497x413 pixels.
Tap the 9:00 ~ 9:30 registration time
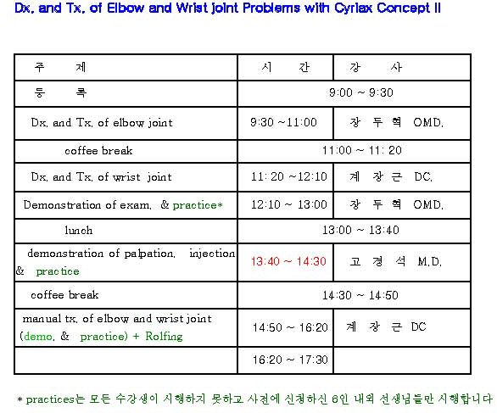(x=361, y=92)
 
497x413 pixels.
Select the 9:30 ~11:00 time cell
(x=283, y=122)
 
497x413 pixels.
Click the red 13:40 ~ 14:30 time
(x=288, y=261)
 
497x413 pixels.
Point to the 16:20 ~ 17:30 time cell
(x=290, y=360)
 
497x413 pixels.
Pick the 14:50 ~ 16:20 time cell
(x=290, y=327)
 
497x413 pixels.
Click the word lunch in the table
(x=79, y=230)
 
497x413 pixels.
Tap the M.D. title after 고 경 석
(x=429, y=261)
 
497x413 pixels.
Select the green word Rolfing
(x=164, y=336)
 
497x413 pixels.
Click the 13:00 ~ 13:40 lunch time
(x=360, y=230)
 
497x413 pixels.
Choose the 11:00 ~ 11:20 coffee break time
(x=362, y=150)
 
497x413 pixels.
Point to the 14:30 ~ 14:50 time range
(x=360, y=295)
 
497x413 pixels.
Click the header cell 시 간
(x=286, y=67)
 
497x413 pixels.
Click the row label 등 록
(x=60, y=92)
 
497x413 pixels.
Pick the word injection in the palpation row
(x=212, y=254)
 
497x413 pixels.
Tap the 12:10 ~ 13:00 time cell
(x=289, y=204)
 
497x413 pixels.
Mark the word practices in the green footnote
(x=50, y=399)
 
